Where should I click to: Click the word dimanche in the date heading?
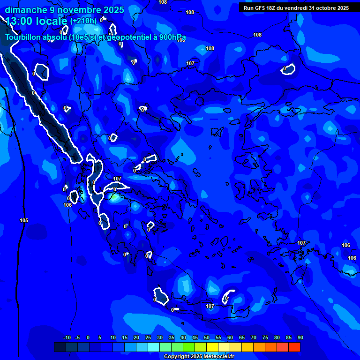coord(23,10)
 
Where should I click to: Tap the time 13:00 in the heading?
coord(21,21)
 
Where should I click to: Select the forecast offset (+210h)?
coord(83,21)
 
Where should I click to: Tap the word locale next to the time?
coord(53,21)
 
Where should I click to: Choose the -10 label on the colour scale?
coord(67,338)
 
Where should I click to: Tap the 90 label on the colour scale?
coord(300,338)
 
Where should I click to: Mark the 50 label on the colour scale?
coord(207,338)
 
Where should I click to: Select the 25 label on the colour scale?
coord(148,338)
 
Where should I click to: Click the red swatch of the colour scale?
coord(294,347)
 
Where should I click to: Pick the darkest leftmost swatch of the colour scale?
coord(60,347)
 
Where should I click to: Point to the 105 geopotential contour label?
coord(24,220)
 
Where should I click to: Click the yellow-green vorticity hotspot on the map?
coord(114,197)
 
